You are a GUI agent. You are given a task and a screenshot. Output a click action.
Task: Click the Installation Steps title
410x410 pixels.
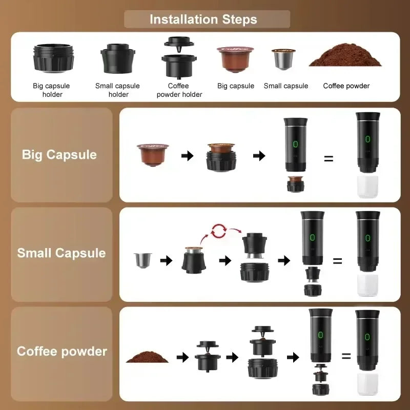(203, 19)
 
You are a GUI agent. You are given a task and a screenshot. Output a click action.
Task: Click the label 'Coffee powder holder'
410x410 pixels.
(179, 90)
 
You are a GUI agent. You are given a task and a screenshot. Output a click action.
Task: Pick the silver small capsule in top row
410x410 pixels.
(283, 60)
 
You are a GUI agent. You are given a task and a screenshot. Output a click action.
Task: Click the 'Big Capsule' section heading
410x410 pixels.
(59, 155)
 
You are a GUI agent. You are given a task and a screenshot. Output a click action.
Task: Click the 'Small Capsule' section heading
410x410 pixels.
(61, 253)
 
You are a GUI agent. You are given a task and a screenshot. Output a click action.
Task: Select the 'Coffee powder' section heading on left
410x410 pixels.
(62, 352)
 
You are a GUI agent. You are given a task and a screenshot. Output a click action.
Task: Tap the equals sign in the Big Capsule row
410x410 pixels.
(329, 159)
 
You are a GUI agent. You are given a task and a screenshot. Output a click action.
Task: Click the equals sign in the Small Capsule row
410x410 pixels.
(337, 261)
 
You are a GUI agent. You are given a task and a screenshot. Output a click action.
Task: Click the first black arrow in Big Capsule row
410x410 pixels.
(188, 156)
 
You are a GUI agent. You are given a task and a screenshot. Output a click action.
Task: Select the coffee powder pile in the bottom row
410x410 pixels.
(148, 357)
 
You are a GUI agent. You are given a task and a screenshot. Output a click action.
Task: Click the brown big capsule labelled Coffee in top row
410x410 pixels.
(235, 59)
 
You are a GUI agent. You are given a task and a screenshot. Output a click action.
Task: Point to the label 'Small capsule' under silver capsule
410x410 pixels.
(286, 86)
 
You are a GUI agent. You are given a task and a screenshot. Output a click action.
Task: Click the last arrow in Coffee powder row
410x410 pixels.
(293, 357)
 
